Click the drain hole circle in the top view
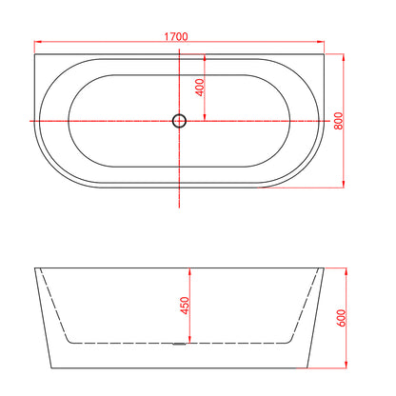pyautogui.click(x=179, y=121)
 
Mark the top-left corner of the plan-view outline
pyautogui.click(x=34, y=55)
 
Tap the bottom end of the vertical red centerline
pyautogui.click(x=179, y=208)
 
